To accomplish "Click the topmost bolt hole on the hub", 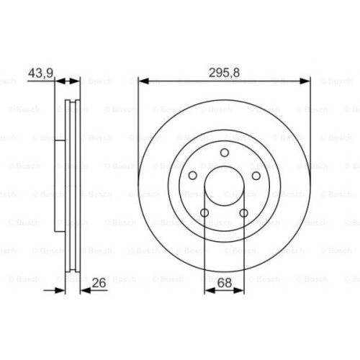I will pos(224,152).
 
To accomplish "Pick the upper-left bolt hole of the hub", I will pos(192,176).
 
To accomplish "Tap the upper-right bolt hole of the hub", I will pos(256,176).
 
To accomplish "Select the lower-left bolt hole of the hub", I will pos(204,213).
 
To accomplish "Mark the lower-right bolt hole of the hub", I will pos(244,213).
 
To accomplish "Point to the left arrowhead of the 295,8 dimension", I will pos(141,80).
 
